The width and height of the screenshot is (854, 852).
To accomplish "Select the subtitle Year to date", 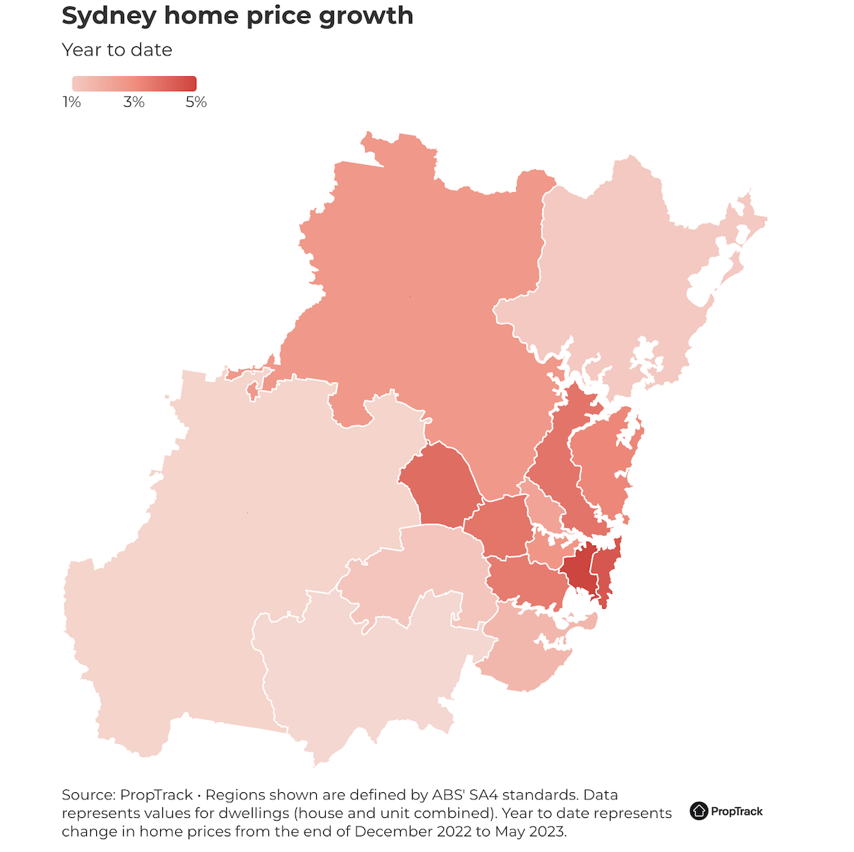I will [x=117, y=50].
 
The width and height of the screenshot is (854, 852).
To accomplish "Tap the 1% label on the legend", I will [x=71, y=102].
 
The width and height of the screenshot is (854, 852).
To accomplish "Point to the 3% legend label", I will [x=134, y=102].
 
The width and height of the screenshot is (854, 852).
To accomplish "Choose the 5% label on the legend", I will [x=196, y=102].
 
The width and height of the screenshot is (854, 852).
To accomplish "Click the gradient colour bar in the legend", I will [x=134, y=83].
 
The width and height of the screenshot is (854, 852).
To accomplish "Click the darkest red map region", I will [x=579, y=569].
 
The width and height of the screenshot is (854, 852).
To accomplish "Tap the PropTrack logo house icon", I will [x=699, y=811].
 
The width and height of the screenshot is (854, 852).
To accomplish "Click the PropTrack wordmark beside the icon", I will [x=737, y=811].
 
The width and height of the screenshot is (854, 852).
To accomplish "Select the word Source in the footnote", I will [x=88, y=795].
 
